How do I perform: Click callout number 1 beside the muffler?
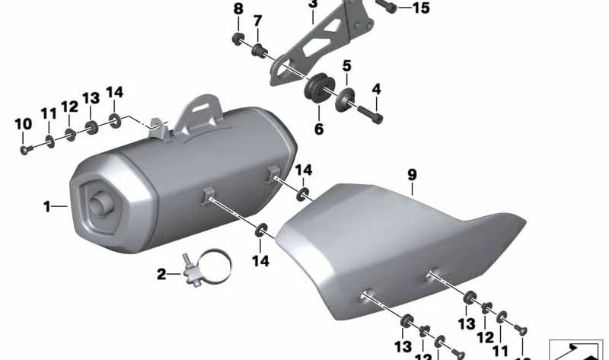(x=47, y=205)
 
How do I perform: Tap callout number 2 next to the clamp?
(x=161, y=274)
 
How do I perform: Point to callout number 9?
(x=412, y=175)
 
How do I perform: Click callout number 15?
(x=421, y=8)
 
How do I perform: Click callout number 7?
(x=257, y=21)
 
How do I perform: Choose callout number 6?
(x=319, y=129)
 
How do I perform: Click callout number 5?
(x=346, y=66)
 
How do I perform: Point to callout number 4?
(x=375, y=90)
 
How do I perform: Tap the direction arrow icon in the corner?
(x=576, y=349)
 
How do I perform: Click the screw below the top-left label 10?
(x=25, y=148)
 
